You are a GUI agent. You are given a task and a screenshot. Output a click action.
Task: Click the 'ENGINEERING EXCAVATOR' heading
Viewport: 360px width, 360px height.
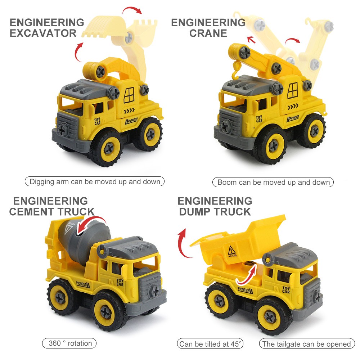(46, 28)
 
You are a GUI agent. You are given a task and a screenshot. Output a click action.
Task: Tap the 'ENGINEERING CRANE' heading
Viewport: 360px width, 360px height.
(208, 28)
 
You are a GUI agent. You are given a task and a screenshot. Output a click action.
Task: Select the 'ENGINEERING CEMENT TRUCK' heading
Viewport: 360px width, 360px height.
(51, 206)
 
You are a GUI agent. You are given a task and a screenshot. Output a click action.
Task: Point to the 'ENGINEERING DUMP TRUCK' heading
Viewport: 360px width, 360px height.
(215, 206)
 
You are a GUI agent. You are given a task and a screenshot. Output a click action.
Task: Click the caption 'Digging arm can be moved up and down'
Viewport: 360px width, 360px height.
(95, 181)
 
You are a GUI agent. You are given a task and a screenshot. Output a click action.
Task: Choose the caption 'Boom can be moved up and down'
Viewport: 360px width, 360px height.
(273, 182)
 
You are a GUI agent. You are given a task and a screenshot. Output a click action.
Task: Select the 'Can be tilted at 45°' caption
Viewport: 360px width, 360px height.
(211, 344)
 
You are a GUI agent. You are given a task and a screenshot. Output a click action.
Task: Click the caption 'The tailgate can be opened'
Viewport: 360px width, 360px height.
(306, 344)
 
